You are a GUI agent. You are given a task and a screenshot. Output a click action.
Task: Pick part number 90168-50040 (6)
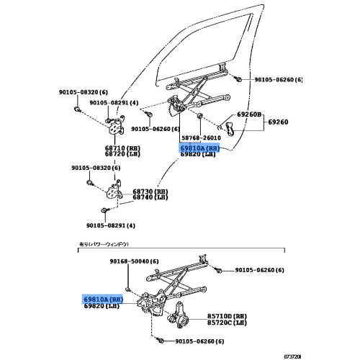[x=135, y=261]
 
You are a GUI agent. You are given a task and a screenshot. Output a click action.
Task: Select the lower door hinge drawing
[x=113, y=193]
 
